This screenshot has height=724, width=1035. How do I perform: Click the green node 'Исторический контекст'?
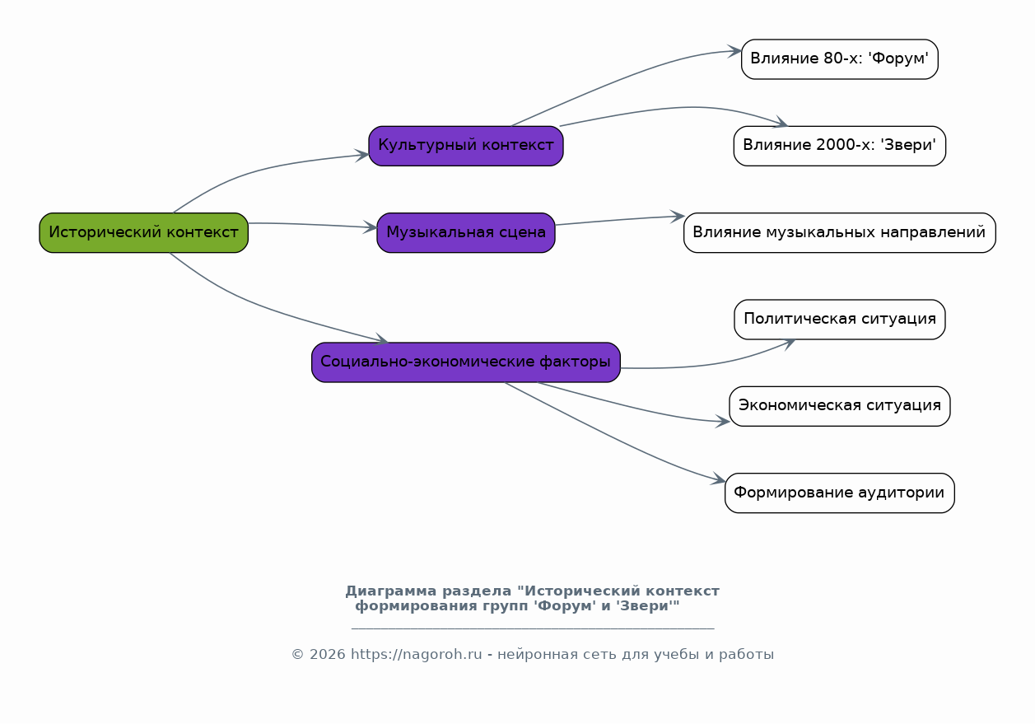pyautogui.click(x=143, y=232)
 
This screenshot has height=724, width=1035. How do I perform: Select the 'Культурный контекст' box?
pyautogui.click(x=466, y=146)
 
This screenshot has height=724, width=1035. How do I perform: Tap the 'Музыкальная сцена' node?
pyautogui.click(x=466, y=232)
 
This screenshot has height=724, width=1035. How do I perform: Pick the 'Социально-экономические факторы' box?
pyautogui.click(x=466, y=362)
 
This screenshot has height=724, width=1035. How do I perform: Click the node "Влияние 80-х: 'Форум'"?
pyautogui.click(x=839, y=59)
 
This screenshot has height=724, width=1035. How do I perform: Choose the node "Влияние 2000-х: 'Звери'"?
pyautogui.click(x=839, y=146)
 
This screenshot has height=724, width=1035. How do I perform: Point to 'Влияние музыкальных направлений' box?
pyautogui.click(x=839, y=232)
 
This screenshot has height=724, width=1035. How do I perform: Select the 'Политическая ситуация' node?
pyautogui.click(x=839, y=320)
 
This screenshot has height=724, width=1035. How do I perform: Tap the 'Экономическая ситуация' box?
pyautogui.click(x=839, y=406)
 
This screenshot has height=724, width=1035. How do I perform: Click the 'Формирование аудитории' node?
pyautogui.click(x=839, y=493)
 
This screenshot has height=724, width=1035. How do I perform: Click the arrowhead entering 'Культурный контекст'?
pyautogui.click(x=362, y=155)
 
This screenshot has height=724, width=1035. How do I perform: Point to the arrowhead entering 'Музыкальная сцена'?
pyautogui.click(x=371, y=227)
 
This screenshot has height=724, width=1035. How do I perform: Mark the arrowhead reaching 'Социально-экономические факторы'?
pyautogui.click(x=382, y=339)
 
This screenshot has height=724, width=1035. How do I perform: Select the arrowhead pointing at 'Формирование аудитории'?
pyautogui.click(x=720, y=479)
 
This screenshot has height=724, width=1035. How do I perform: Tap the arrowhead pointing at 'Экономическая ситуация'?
pyautogui.click(x=724, y=422)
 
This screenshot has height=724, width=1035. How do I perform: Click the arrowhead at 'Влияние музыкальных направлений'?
pyautogui.click(x=678, y=217)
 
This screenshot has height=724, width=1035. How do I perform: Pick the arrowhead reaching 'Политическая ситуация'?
pyautogui.click(x=789, y=342)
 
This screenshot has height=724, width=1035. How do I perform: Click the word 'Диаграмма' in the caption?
pyautogui.click(x=391, y=591)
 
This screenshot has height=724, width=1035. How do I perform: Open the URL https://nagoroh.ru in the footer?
pyautogui.click(x=416, y=655)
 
